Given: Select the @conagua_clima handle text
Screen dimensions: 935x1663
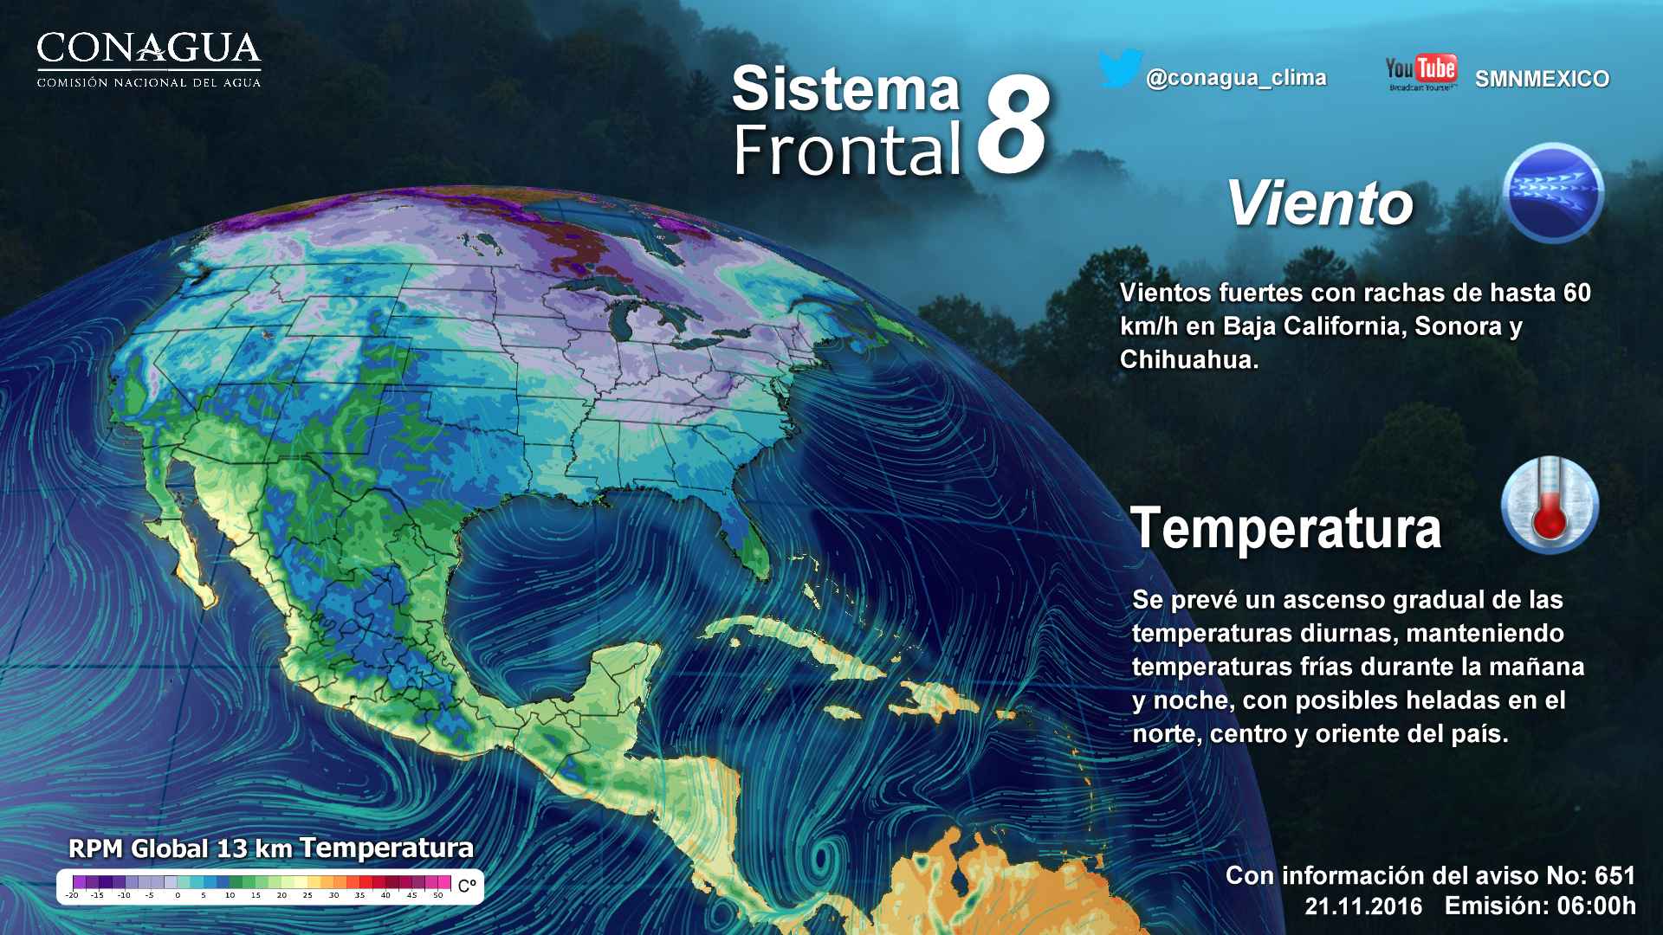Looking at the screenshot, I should coord(1236,78).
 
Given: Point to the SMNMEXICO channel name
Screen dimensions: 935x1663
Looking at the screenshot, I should coord(1542,79).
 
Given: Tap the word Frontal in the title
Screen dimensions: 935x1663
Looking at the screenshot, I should coord(847,149).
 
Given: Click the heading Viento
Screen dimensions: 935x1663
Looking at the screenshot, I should coord(1319,204).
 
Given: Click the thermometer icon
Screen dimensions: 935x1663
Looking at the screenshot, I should coord(1550,506).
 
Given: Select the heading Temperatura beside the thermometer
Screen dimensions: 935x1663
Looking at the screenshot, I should coord(1286,528).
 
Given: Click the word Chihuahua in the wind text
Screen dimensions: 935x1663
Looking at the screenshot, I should coord(1187,359).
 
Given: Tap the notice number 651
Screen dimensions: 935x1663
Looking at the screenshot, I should coord(1612,875).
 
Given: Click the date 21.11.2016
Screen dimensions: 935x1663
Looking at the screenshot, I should coord(1363,906).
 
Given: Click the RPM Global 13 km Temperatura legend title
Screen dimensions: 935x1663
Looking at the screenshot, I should coord(271,848).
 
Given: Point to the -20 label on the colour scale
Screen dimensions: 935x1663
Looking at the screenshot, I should coord(72,895).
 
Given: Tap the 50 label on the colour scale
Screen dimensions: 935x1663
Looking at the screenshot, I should coord(438,895).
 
